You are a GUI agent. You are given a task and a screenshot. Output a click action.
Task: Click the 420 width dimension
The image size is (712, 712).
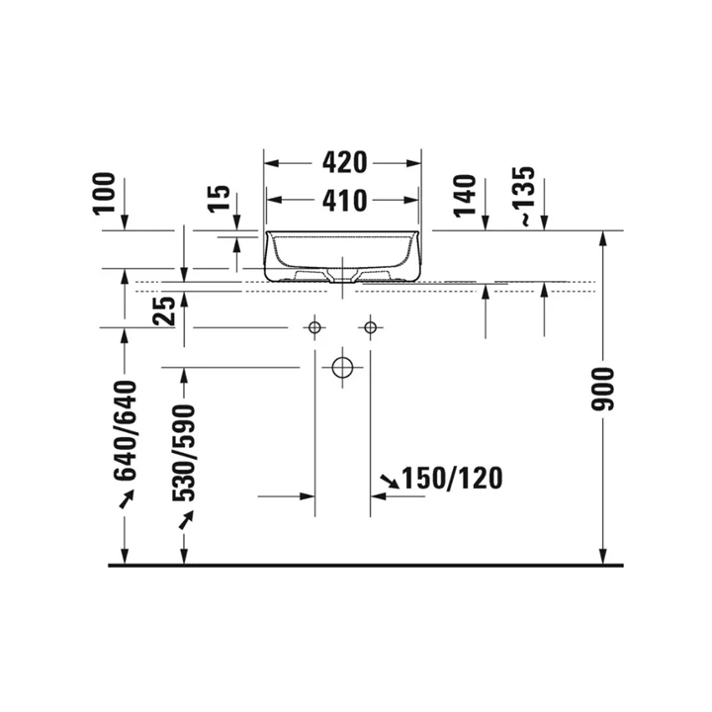point(342,161)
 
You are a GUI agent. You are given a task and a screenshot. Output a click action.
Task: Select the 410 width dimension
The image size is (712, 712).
point(342,201)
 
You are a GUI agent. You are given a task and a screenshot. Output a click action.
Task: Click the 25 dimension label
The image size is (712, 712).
point(165,311)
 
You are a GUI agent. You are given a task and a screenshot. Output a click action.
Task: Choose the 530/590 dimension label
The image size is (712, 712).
point(184,454)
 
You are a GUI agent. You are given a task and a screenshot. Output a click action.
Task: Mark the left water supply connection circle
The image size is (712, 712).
point(314,327)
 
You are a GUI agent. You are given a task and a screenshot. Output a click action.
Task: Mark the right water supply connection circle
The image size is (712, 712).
point(371,327)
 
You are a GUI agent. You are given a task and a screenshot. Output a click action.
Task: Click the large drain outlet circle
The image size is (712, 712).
point(342,367)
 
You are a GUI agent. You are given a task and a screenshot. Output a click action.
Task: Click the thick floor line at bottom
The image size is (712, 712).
point(366,566)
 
